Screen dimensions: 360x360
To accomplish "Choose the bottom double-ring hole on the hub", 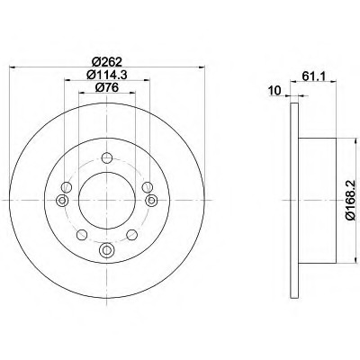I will [x=106, y=250].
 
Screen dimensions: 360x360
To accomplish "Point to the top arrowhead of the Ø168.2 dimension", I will [x=340, y=139].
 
